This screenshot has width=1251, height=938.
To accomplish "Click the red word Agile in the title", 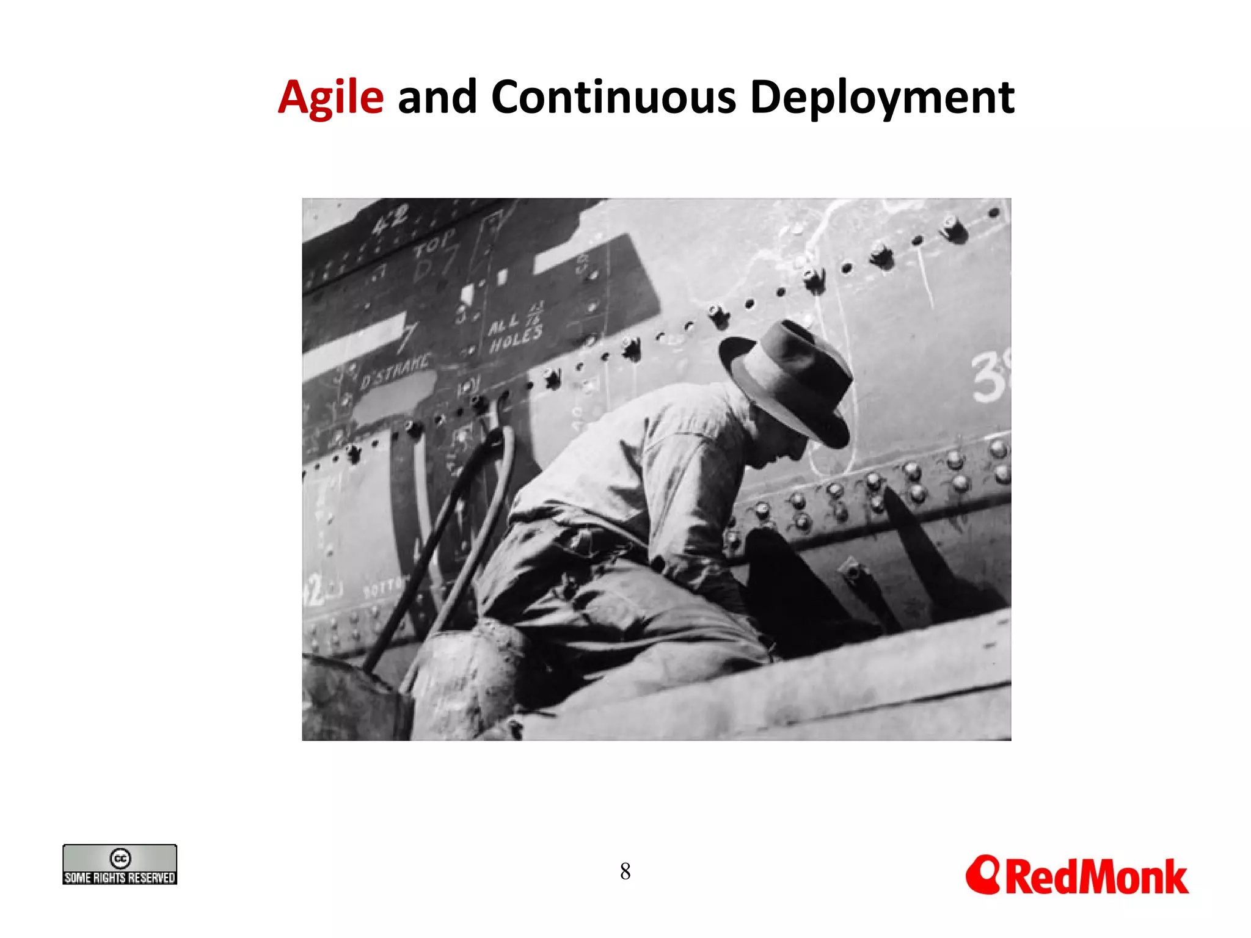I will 330,98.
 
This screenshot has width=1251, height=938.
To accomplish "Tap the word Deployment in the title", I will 881,98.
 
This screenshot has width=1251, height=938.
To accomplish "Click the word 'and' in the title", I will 437,98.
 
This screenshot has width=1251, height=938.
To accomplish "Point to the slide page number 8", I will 625,871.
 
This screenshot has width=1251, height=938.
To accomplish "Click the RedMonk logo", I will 1077,876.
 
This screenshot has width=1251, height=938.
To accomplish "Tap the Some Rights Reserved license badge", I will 120,865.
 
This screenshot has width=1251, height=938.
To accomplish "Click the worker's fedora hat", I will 788,379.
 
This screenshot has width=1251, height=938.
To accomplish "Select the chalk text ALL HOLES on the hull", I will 514,330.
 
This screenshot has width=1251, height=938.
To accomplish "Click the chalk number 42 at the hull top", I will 390,220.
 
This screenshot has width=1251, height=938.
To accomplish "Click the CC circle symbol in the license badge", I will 120,858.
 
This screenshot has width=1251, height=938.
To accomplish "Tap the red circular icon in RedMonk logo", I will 983,874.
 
